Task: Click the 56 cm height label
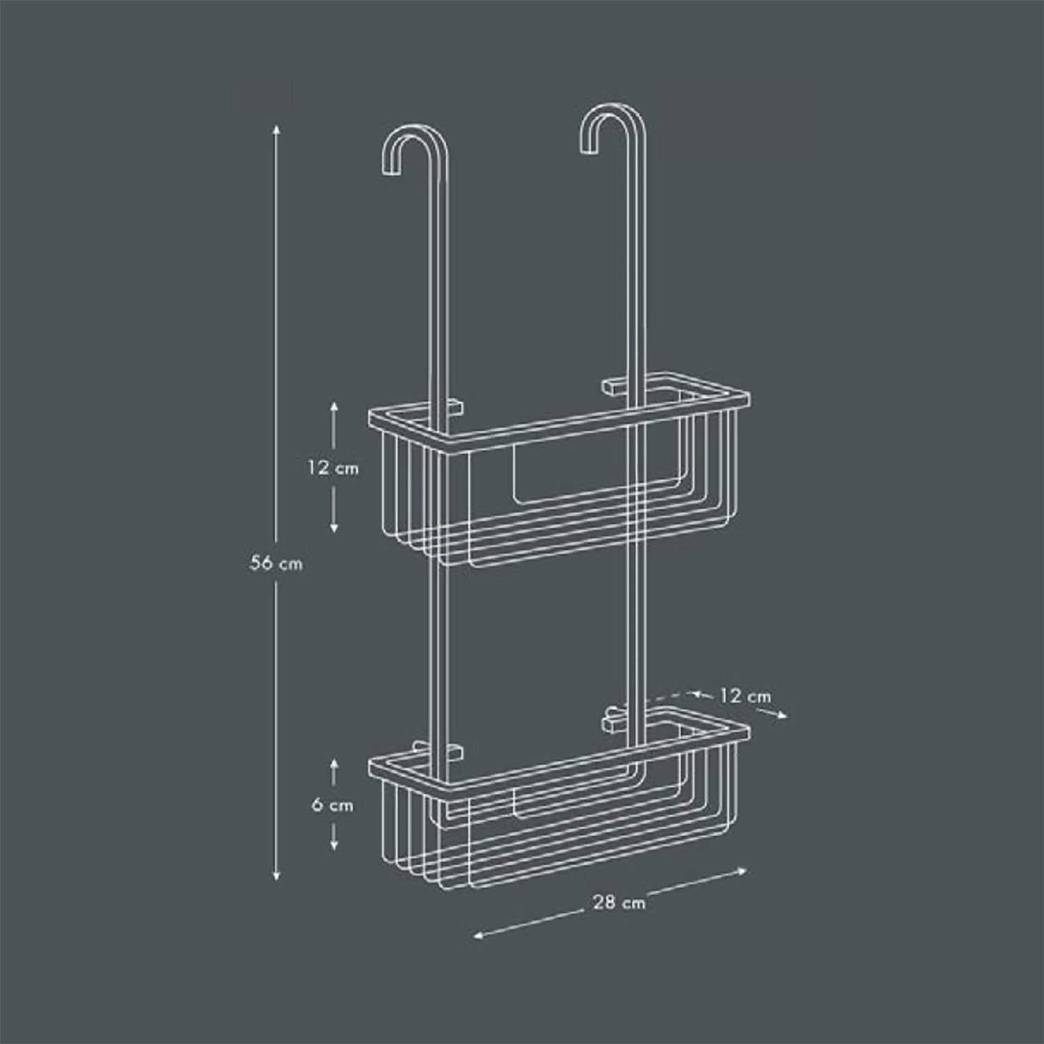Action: point(276,563)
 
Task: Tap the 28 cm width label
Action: point(619,902)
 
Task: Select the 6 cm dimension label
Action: point(333,805)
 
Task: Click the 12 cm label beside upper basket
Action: point(333,468)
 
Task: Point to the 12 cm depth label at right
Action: point(745,695)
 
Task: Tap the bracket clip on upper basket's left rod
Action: point(454,406)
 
